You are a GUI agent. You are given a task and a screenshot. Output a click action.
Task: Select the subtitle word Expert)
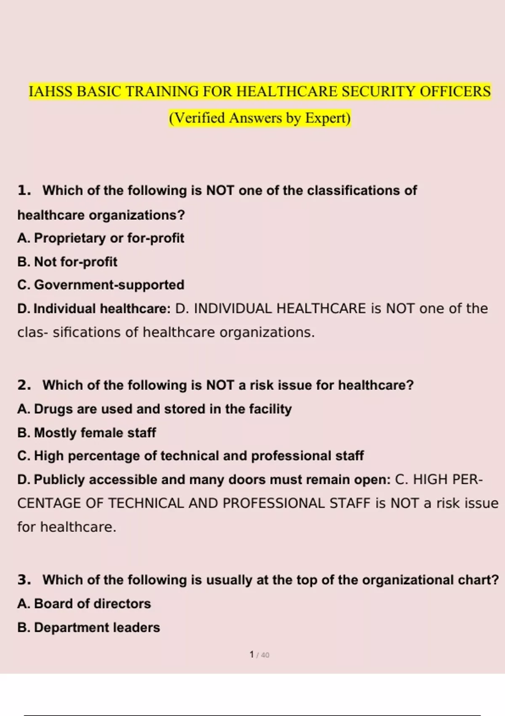point(328,118)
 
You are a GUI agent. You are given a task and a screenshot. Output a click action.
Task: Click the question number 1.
point(24,190)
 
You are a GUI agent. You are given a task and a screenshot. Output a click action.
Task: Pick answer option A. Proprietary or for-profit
point(101,238)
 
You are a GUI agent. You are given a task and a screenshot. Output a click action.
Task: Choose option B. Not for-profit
point(67,262)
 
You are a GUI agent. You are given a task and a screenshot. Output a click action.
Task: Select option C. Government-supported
point(101,285)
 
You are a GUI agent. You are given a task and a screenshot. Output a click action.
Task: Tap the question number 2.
point(24,385)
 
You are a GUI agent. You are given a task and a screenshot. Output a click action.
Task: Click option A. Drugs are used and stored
point(154,409)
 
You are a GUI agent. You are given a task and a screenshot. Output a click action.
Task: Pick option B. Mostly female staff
point(87,433)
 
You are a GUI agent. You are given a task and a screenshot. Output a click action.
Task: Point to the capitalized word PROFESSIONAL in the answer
point(274,503)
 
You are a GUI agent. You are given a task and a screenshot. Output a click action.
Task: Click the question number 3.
point(24,580)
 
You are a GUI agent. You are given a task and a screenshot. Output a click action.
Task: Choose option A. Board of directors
point(84,604)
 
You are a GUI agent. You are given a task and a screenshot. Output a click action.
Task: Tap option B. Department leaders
point(89,628)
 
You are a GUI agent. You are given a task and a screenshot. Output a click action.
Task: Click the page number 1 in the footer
point(252,655)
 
